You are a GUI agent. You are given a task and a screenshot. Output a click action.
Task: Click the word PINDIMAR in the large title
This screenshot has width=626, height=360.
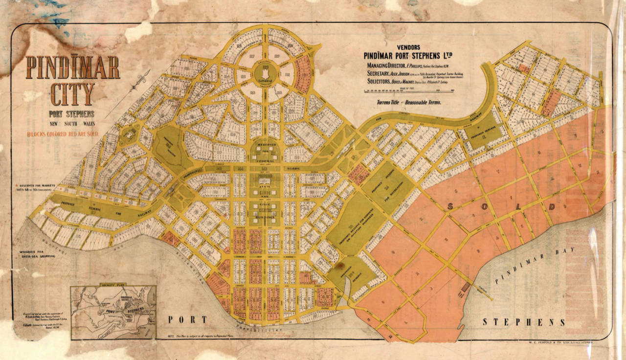73,68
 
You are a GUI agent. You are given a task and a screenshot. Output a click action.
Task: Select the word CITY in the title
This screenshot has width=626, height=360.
72,94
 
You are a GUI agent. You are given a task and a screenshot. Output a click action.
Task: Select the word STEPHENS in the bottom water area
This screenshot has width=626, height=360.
524,322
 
